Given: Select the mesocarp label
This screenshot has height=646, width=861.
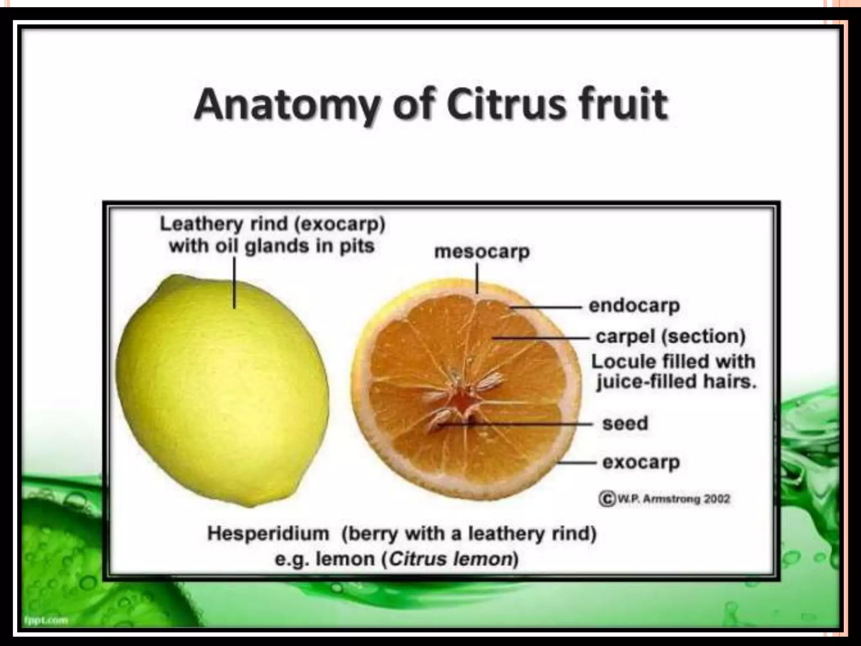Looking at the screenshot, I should [x=482, y=252].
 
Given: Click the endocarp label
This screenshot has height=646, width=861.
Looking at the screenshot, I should [x=634, y=306].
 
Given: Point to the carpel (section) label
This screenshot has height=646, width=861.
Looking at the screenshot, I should [x=671, y=336].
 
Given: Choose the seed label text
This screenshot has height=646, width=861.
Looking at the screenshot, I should [x=625, y=423].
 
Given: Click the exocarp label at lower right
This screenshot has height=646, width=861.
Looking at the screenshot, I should [x=641, y=462].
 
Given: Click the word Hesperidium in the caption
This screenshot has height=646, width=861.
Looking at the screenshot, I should [x=268, y=534].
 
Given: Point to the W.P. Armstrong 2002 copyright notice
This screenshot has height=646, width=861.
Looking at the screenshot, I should [x=665, y=499].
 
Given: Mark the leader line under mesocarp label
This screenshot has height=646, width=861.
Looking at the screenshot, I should [x=477, y=278].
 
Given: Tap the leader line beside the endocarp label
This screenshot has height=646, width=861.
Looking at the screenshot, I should [x=547, y=307].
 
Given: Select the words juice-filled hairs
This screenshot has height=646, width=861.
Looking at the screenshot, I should [x=676, y=382].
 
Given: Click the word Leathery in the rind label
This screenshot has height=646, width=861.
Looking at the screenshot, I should [x=201, y=224].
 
